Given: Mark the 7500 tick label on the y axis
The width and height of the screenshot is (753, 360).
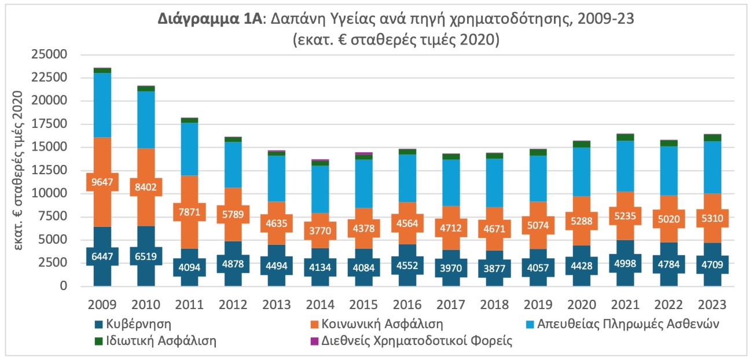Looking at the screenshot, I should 56,216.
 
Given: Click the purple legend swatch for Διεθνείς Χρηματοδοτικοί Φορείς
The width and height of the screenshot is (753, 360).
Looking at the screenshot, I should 311,341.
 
